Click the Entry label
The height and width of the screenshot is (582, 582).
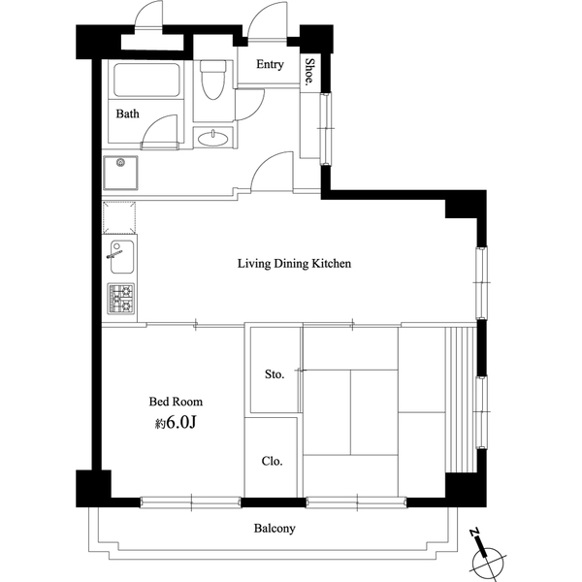(270, 65)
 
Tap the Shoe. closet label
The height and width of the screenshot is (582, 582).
(310, 73)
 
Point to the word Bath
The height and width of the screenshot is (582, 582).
(128, 113)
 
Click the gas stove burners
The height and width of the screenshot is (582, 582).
(121, 300)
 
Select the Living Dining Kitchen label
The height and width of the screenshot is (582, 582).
(294, 263)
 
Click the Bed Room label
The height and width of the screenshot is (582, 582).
(176, 402)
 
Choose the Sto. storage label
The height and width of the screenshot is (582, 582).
(275, 374)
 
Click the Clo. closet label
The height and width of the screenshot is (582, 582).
(273, 461)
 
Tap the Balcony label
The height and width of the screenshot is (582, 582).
(275, 529)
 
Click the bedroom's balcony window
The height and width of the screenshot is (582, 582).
(190, 501)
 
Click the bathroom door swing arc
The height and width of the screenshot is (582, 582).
(161, 131)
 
